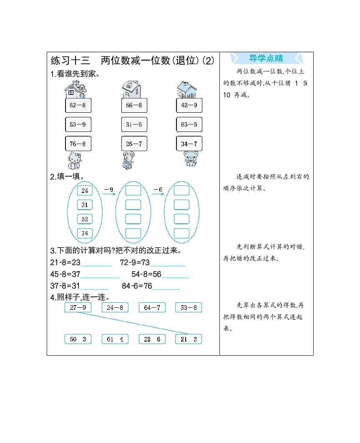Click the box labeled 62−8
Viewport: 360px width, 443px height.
point(78,105)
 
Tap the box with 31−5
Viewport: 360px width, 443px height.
point(134,124)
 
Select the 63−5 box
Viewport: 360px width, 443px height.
point(189,124)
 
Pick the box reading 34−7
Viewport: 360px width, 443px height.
point(189,144)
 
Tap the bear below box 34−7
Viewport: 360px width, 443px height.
point(191,159)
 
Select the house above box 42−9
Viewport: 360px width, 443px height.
point(187,89)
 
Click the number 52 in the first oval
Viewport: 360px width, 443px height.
point(85,219)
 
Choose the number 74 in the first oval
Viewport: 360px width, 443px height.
point(85,233)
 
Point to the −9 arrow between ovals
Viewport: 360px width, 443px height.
point(108,191)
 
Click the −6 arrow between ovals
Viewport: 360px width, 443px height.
point(157,191)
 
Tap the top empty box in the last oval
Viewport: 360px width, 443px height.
point(181,191)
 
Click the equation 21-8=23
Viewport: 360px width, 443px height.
point(65,263)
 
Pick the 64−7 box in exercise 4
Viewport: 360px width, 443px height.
point(152,308)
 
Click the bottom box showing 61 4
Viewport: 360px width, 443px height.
point(115,339)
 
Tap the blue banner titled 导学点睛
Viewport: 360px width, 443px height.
point(266,58)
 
